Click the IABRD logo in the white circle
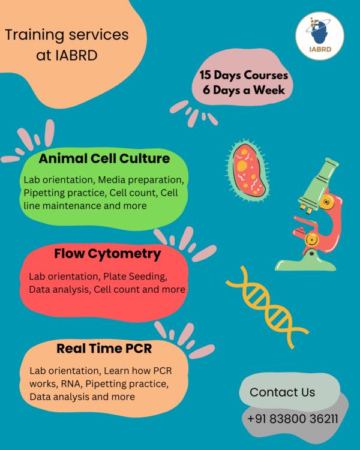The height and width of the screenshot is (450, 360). (320, 36)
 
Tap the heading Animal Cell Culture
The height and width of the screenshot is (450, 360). (104, 158)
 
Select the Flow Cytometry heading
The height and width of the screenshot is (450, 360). (107, 254)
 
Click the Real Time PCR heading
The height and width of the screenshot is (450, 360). (104, 349)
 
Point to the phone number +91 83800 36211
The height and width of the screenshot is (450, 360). (293, 419)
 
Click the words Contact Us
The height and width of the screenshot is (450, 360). (282, 392)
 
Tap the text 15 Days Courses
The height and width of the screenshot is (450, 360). (244, 75)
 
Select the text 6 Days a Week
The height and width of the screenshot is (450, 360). (244, 90)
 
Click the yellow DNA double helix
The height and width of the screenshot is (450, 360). (267, 307)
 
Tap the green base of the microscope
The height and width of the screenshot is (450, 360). (306, 263)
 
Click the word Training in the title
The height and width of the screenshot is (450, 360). (34, 35)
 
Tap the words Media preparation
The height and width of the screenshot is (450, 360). (140, 180)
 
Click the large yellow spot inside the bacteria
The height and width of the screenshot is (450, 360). (242, 166)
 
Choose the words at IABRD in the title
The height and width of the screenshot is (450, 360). (67, 55)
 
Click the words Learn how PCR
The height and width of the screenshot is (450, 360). (138, 371)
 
